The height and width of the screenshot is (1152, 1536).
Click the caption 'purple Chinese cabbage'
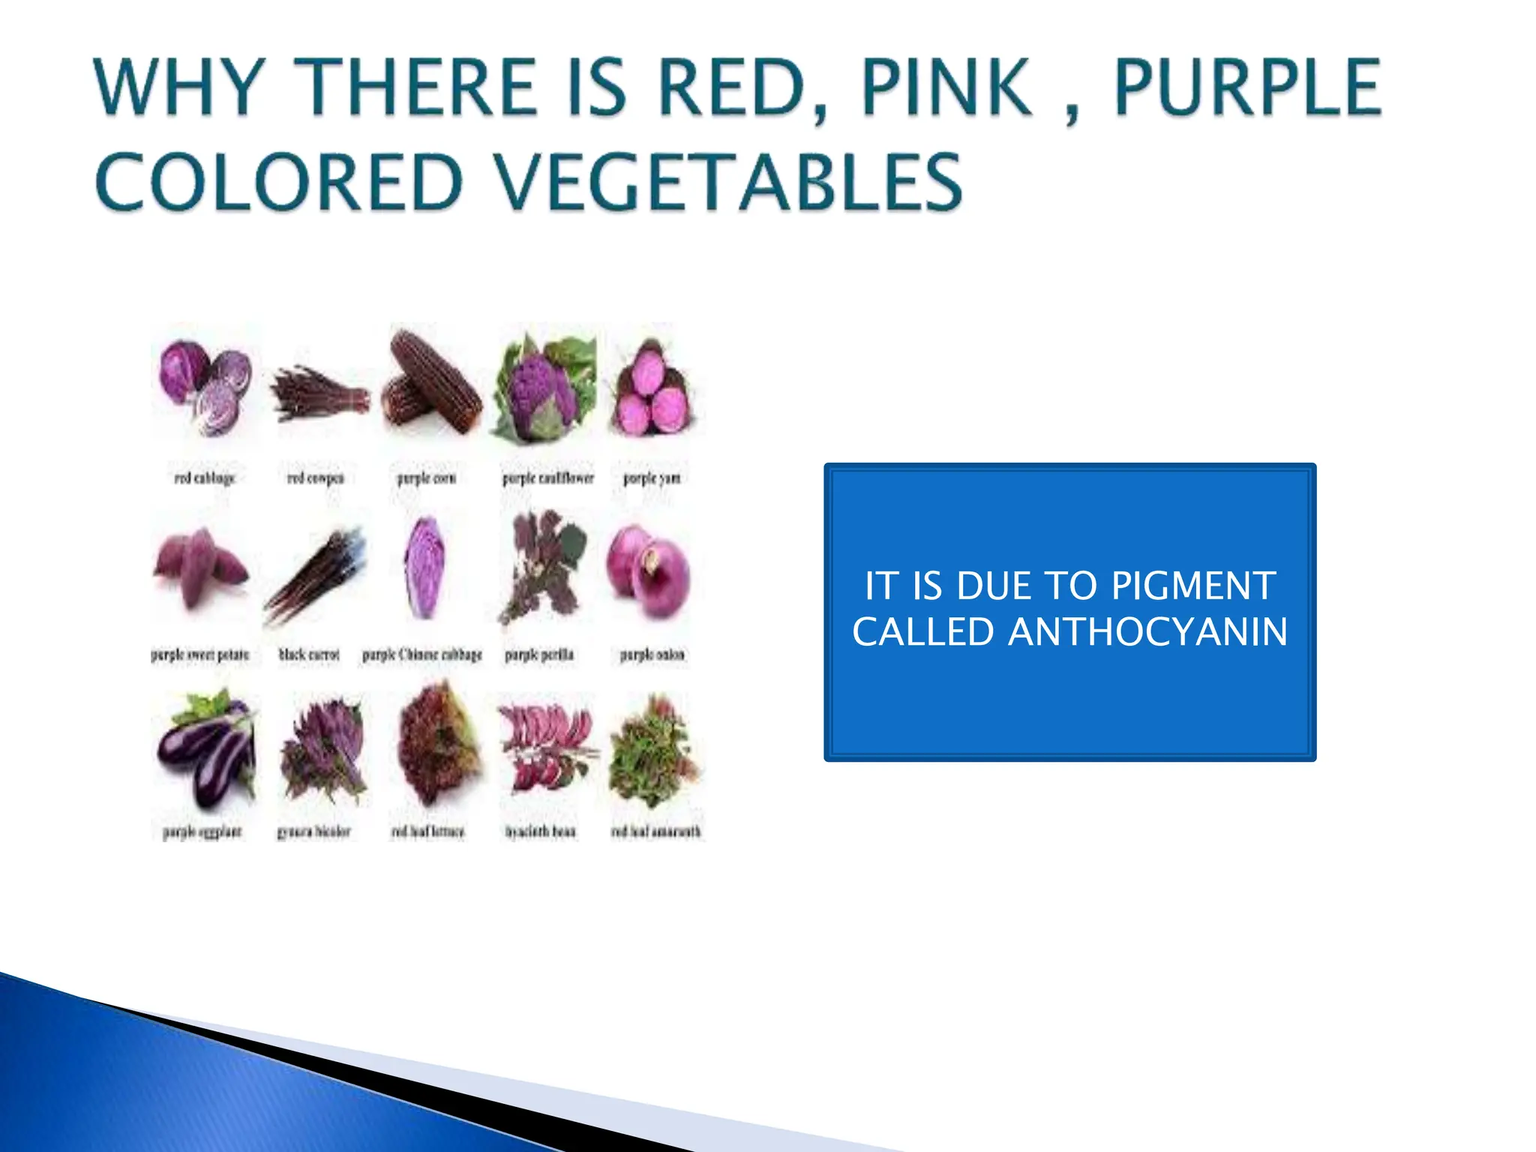click(422, 655)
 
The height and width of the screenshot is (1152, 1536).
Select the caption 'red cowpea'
click(316, 478)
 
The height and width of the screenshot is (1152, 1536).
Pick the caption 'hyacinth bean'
click(540, 832)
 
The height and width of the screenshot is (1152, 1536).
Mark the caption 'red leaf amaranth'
click(655, 832)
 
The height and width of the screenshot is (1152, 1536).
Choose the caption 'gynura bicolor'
click(313, 832)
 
